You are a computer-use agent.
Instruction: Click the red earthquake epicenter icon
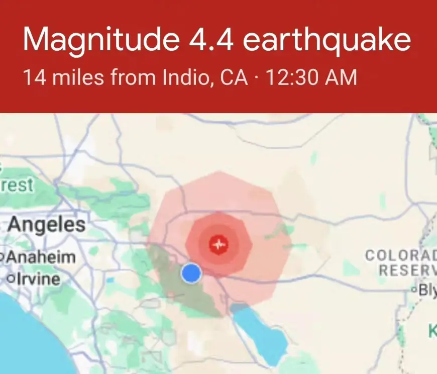[x=219, y=245]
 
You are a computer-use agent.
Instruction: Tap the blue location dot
[x=191, y=273]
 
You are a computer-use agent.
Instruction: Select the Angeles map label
[x=46, y=224]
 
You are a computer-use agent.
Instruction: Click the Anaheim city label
[x=41, y=257]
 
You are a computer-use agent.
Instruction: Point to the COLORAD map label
[x=400, y=255]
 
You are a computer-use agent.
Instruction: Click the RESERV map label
[x=407, y=270]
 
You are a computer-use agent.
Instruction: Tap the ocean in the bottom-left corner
[x=25, y=337]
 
